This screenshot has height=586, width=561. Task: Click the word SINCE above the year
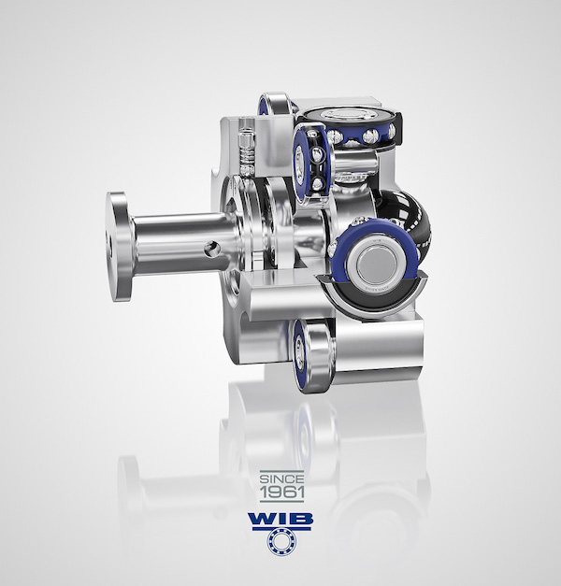pyautogui.click(x=281, y=479)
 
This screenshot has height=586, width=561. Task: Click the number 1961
pyautogui.click(x=281, y=492)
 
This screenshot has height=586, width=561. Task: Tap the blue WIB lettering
pyautogui.click(x=280, y=519)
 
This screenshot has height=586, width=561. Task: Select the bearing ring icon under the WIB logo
pyautogui.click(x=281, y=542)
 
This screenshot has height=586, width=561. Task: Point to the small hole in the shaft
pyautogui.click(x=211, y=248)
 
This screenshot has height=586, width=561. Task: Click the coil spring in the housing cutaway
pyautogui.click(x=247, y=156)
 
